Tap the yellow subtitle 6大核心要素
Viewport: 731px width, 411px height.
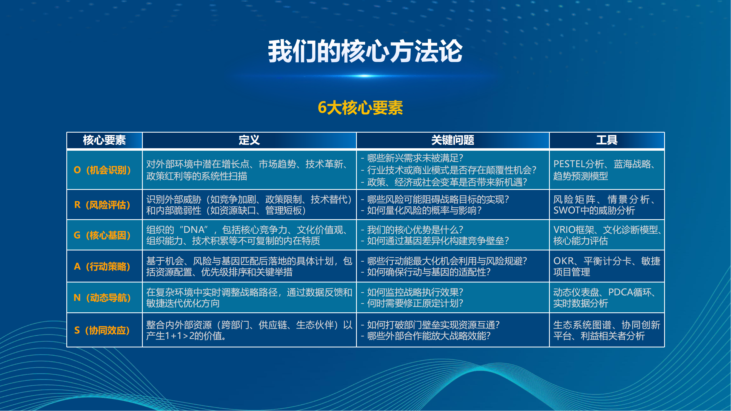tap(360, 108)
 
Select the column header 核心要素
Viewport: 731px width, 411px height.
tap(104, 140)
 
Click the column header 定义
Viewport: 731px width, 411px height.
tap(249, 140)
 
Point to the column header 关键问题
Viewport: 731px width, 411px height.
tap(453, 140)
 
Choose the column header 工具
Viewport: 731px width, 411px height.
tap(607, 140)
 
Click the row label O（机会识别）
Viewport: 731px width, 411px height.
tap(103, 170)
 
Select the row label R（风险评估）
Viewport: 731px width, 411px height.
tap(103, 205)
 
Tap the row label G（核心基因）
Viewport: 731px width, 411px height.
tap(103, 235)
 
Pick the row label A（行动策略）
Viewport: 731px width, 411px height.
tap(103, 266)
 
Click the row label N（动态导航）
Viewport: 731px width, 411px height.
tap(103, 298)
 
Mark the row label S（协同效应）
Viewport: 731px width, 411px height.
tap(102, 330)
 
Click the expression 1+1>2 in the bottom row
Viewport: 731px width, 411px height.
tap(177, 336)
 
